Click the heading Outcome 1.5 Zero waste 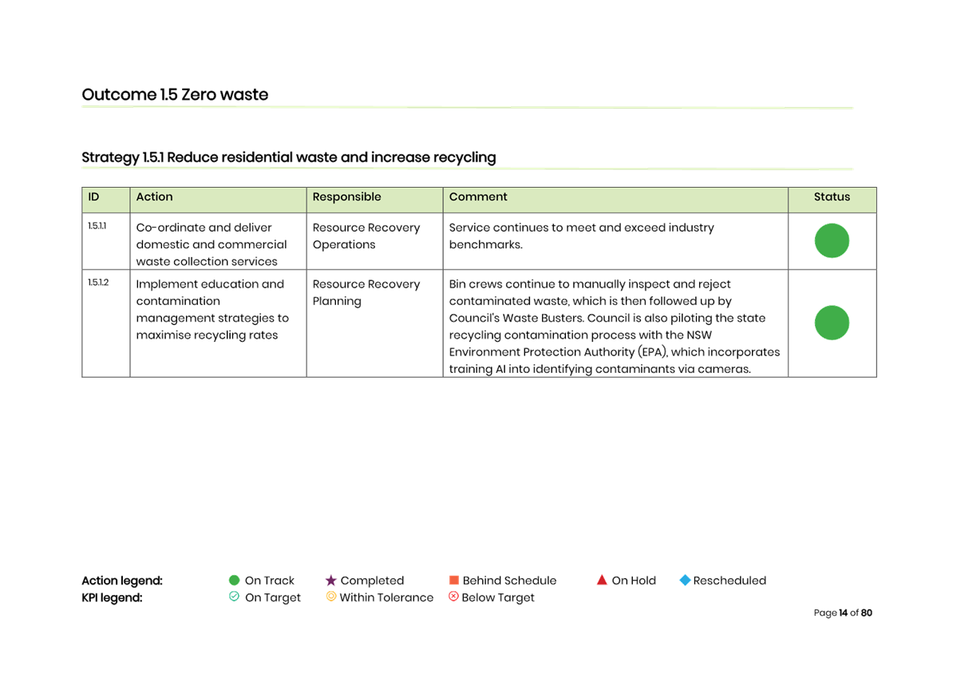175,94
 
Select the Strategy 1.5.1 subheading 288,157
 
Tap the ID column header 94,197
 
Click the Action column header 154,197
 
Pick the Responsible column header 346,197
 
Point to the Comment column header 478,197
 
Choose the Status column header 832,197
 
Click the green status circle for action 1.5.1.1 832,241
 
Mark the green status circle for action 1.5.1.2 832,323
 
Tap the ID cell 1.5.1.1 97,227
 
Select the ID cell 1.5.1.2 98,283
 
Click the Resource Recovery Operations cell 366,236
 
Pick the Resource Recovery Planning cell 366,292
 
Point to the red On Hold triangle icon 602,581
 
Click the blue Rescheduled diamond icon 685,581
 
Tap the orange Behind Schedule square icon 454,581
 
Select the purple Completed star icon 330,581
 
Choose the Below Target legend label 497,597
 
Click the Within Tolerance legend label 386,597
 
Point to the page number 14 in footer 844,613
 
